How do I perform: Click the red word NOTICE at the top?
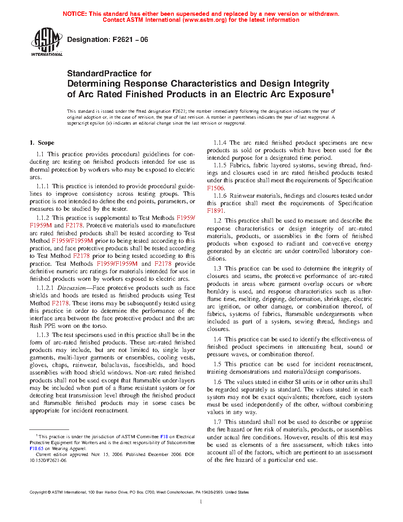75,14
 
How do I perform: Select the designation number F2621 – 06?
130,40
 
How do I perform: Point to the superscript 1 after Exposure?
333,92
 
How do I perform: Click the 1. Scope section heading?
42,143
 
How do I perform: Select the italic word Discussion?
71,288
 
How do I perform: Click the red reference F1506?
216,188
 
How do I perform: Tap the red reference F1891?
216,211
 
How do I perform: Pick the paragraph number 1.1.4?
220,143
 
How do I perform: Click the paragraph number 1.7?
217,422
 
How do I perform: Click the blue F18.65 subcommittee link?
36,448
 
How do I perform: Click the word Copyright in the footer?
38,492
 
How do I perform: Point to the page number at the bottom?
201,502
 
